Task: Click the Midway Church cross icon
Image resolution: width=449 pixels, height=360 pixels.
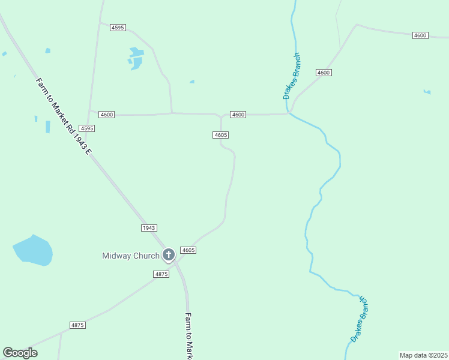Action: pos(169,255)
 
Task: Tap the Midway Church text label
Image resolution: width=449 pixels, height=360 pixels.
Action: pos(131,256)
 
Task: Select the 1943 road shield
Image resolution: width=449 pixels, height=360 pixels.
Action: pos(149,228)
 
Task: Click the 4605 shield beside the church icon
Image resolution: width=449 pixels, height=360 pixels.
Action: pos(188,250)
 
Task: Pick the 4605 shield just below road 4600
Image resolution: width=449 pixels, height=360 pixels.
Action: pos(220,135)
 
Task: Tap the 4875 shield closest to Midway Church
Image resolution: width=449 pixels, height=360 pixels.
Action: pos(161,274)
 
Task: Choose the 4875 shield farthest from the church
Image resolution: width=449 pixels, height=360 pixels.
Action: pos(77,325)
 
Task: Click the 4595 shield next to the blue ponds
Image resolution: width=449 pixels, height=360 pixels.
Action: pos(118,28)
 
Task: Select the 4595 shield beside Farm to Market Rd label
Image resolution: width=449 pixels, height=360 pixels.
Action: pos(87,128)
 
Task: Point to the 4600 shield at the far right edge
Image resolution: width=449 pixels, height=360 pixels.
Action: pos(420,36)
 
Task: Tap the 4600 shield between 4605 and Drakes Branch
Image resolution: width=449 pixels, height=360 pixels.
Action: pos(238,115)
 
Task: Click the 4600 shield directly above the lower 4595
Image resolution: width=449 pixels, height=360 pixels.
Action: pos(107,115)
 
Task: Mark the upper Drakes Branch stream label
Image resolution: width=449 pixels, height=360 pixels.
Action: pos(292,76)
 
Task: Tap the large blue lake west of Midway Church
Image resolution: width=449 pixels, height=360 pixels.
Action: pos(34,250)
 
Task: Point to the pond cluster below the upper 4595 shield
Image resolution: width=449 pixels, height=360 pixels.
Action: pos(136,58)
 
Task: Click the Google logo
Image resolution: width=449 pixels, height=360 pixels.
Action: pos(20,353)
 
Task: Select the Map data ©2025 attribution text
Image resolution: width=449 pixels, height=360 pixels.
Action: pos(423,355)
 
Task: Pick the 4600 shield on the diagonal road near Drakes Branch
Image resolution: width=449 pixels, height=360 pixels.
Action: pos(324,73)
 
